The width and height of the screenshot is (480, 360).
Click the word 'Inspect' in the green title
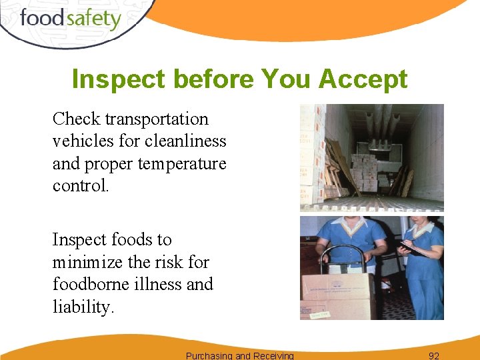coord(118,79)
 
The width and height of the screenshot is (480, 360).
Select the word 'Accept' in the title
coord(363,79)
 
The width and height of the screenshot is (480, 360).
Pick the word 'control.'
coord(81,185)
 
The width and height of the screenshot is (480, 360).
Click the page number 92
coord(434,355)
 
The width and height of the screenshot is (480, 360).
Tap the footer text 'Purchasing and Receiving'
coord(239,355)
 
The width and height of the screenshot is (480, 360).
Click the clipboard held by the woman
coord(409,249)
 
